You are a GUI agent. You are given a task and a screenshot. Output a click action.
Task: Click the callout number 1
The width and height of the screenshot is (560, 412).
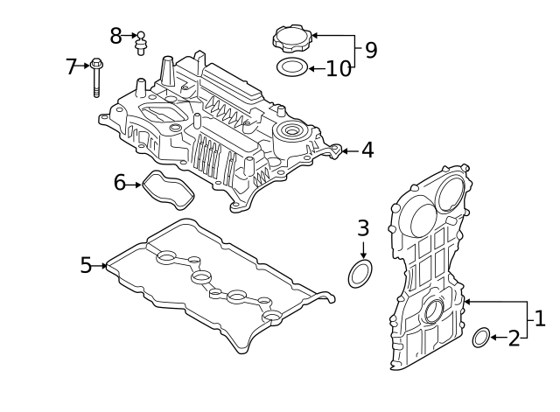click(x=540, y=318)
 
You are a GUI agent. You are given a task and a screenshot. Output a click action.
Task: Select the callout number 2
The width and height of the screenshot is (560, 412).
click(x=514, y=337)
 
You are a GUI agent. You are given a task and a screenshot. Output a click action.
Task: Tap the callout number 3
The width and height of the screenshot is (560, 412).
click(x=363, y=228)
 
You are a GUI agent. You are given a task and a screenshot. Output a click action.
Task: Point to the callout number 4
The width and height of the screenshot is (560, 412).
click(x=367, y=150)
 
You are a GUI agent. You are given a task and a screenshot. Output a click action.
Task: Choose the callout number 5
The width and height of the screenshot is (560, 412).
click(x=86, y=264)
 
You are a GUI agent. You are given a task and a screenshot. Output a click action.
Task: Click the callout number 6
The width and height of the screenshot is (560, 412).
click(x=120, y=183)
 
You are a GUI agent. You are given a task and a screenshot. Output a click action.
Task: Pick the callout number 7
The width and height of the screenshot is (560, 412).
click(x=72, y=66)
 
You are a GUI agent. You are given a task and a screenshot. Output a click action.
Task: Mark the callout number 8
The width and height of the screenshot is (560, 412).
click(x=116, y=36)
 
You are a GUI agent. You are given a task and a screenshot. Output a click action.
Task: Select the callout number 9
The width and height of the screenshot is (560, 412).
click(x=371, y=50)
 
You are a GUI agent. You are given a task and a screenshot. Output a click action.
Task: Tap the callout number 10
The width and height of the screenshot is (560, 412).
click(x=339, y=68)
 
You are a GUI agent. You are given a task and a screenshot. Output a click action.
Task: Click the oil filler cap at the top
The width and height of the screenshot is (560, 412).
click(x=290, y=38)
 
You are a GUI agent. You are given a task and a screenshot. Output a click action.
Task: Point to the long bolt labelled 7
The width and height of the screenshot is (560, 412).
click(x=95, y=78)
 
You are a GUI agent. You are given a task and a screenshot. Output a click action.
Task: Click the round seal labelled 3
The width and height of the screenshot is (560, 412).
click(x=360, y=274)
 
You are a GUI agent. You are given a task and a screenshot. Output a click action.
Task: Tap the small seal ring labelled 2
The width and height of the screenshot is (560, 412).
click(x=480, y=337)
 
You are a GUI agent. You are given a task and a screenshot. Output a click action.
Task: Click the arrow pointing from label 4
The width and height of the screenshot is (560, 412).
click(x=348, y=150)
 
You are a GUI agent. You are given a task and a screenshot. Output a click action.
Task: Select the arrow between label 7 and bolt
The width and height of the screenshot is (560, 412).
click(x=84, y=65)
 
